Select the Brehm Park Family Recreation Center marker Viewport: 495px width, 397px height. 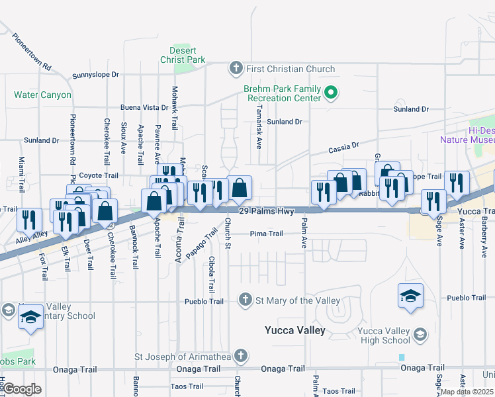click(x=332, y=93)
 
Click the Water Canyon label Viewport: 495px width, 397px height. click(x=42, y=95)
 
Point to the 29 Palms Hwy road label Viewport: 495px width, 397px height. click(x=266, y=211)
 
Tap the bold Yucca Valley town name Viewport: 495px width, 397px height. click(x=294, y=330)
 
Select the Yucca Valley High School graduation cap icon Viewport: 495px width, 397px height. click(x=420, y=335)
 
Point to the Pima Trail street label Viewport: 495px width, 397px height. click(x=266, y=234)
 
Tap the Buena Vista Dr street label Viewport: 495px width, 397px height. click(x=144, y=107)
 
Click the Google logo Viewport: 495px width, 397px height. click(x=22, y=389)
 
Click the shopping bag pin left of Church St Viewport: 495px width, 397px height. click(x=239, y=189)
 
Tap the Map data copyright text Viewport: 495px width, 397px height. click(x=467, y=392)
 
